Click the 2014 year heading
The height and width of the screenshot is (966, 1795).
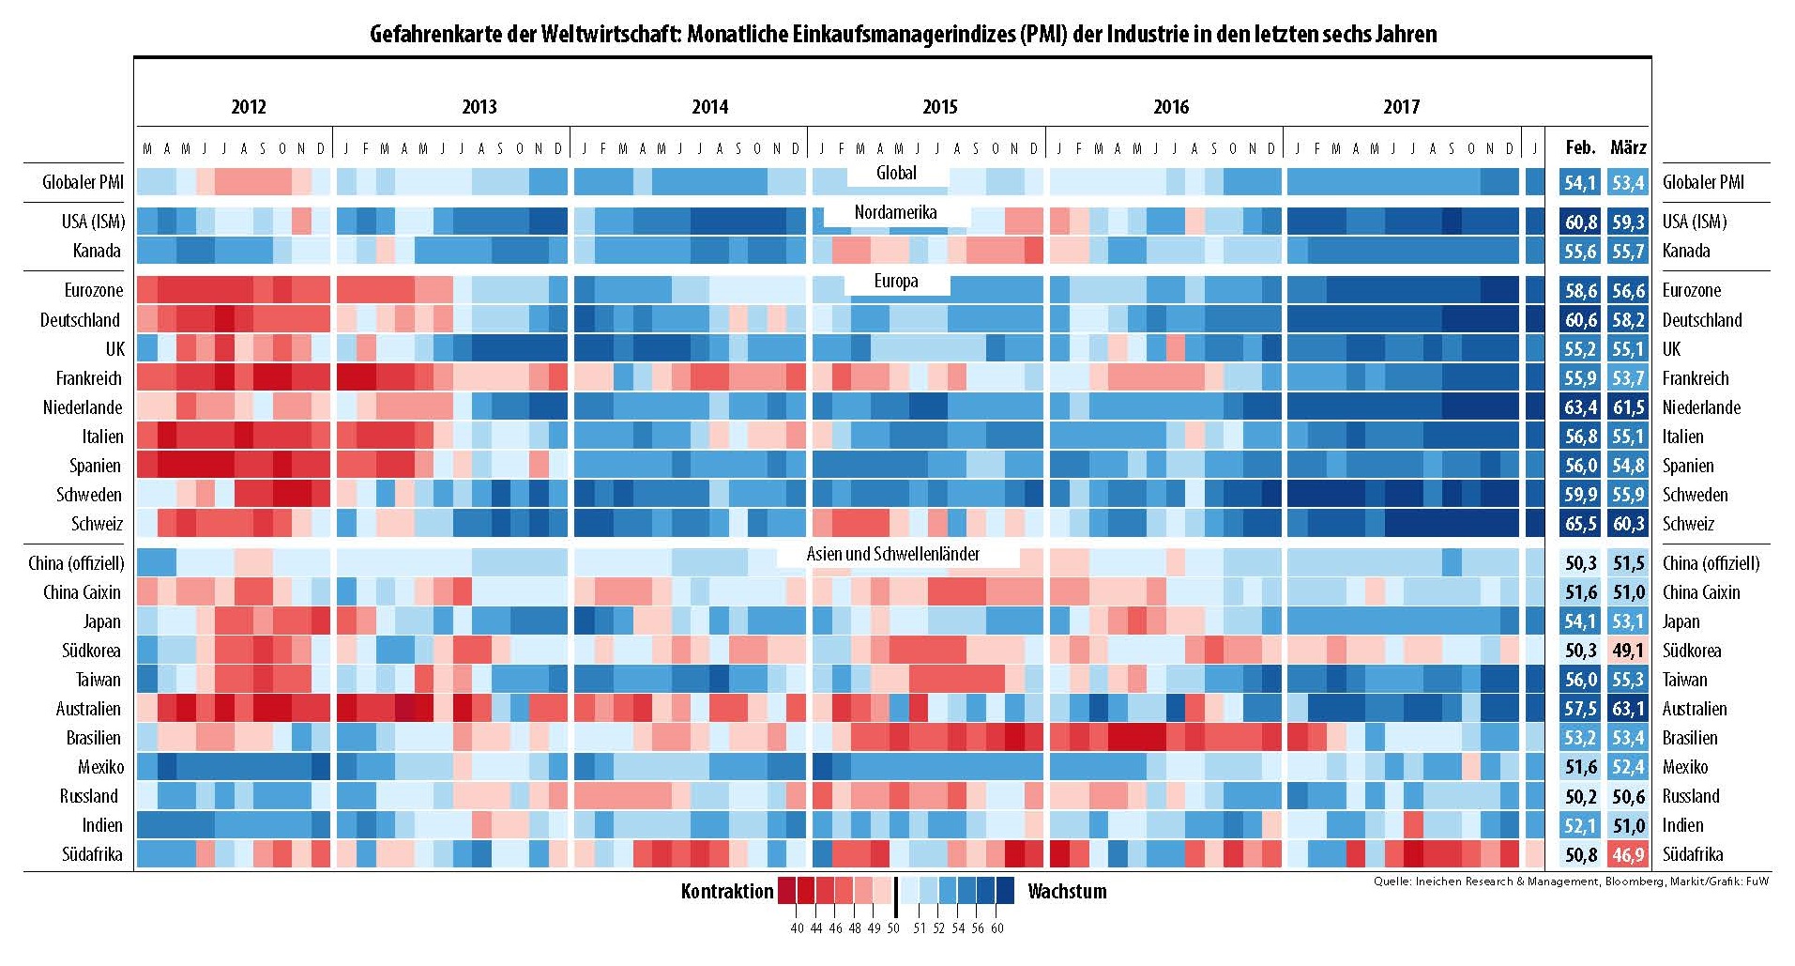(709, 107)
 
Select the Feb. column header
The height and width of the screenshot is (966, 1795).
(1580, 147)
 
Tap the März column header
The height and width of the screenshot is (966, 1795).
(1628, 147)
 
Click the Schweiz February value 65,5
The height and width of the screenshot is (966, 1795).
(1580, 524)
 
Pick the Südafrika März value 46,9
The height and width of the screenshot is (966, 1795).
(1628, 854)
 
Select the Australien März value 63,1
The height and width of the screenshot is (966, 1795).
(1628, 709)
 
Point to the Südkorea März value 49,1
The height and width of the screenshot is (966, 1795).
(1628, 651)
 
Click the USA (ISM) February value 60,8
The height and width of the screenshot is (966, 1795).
(1580, 222)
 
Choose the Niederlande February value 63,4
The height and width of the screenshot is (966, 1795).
(1580, 407)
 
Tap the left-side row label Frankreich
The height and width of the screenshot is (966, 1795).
(89, 378)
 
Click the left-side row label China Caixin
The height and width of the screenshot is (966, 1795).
(83, 592)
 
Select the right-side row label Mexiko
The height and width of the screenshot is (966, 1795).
(1685, 767)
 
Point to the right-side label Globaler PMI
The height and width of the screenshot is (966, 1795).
(1703, 182)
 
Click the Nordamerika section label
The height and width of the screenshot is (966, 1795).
(895, 212)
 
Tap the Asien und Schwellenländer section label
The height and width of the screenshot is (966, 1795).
(893, 554)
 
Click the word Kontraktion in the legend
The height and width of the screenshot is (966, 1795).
(727, 892)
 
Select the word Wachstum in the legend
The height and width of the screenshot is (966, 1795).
(1067, 892)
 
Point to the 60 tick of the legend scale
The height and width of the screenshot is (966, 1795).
(996, 928)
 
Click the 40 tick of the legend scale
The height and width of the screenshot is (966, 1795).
(797, 928)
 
